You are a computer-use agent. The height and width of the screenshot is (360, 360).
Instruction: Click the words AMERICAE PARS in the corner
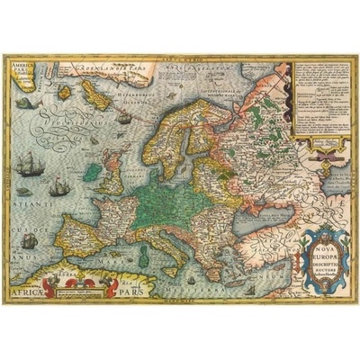click(x=22, y=69)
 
